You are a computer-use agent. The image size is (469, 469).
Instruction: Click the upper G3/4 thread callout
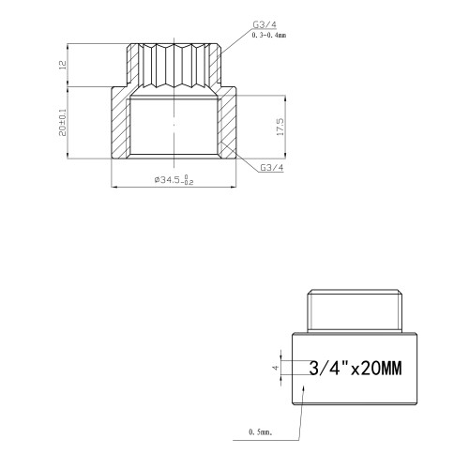tap(265, 24)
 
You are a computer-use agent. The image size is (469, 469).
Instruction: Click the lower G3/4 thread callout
tap(272, 168)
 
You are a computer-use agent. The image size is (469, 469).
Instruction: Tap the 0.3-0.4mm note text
tap(269, 36)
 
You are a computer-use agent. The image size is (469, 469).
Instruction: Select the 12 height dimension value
tap(63, 65)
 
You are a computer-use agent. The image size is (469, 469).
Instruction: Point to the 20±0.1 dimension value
tap(63, 122)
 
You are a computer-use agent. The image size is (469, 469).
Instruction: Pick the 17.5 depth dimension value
tap(280, 127)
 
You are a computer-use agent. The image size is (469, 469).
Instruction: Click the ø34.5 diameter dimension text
tap(174, 180)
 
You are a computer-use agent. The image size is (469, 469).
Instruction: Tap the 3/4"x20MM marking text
tap(356, 368)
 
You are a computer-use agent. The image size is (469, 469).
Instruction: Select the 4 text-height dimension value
tap(276, 368)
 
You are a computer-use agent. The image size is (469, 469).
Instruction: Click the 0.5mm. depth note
tap(261, 432)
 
